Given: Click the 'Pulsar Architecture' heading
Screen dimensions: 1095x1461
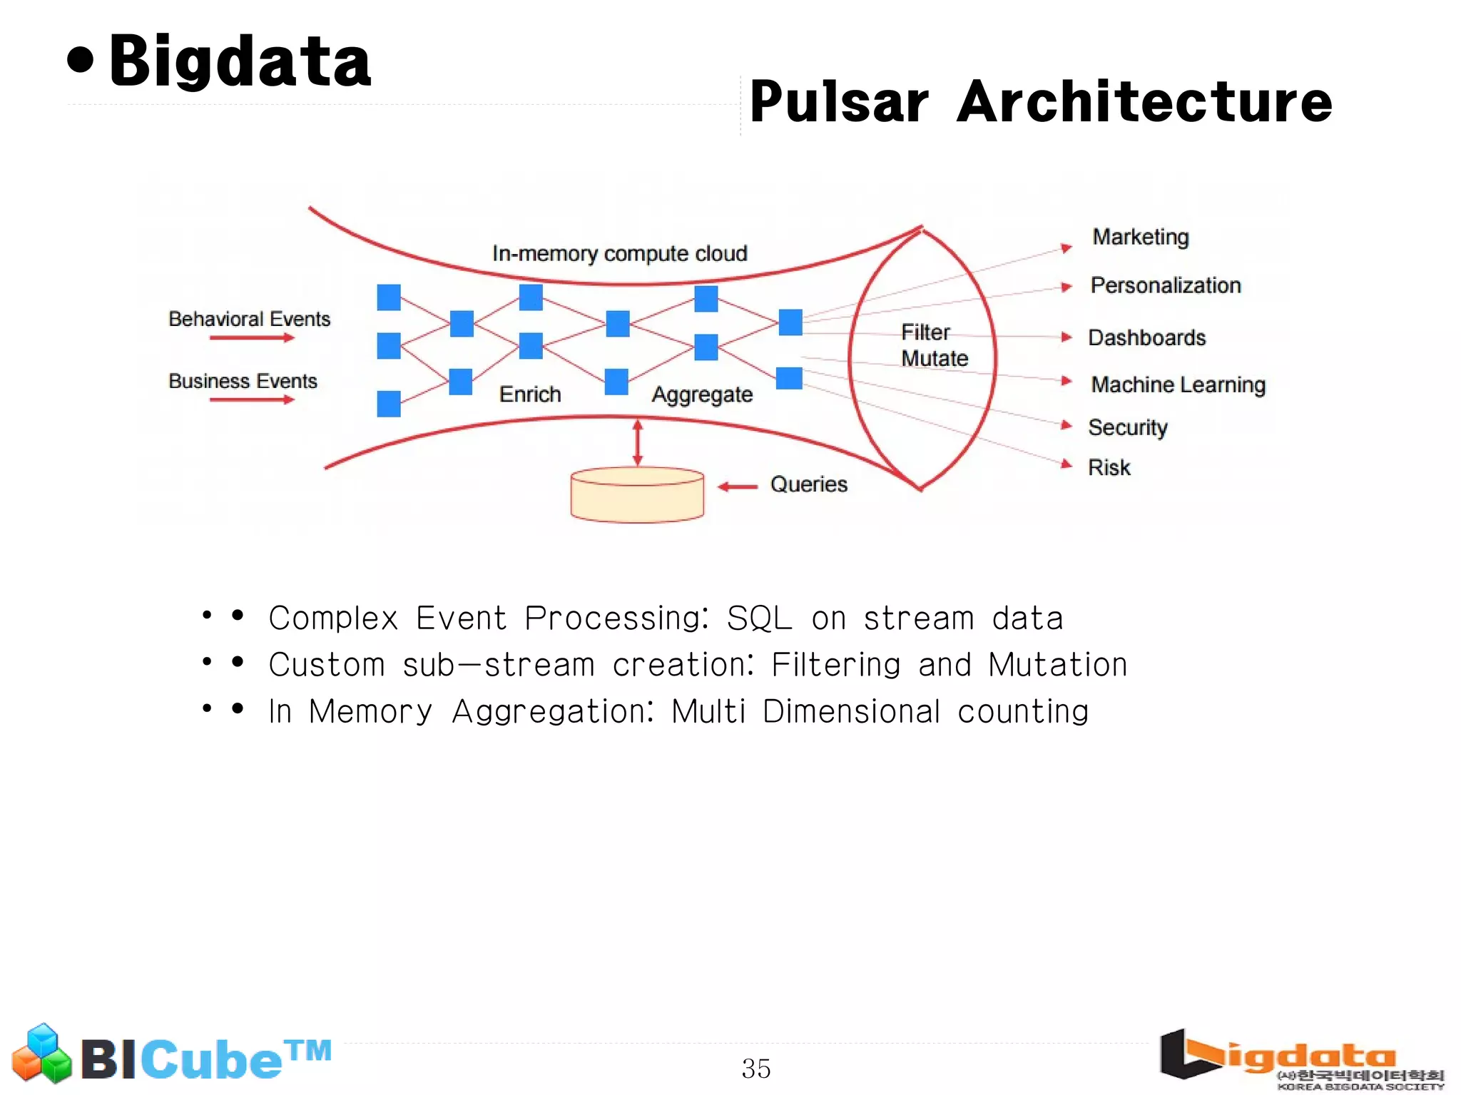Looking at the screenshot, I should [x=1040, y=101].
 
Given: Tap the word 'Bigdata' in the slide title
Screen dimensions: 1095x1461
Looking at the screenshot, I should [x=240, y=62].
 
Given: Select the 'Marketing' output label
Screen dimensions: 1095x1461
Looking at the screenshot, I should [x=1140, y=237].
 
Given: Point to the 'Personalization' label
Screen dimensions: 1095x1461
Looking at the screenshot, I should [x=1165, y=285].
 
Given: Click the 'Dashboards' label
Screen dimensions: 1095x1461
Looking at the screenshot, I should [x=1146, y=337].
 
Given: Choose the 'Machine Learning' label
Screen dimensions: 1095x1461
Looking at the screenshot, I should [x=1178, y=384].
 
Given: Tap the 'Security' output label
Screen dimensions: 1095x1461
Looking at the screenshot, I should [x=1127, y=427].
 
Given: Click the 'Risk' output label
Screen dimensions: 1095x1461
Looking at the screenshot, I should [x=1109, y=467].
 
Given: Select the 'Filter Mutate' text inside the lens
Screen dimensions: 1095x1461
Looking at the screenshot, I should [x=933, y=345].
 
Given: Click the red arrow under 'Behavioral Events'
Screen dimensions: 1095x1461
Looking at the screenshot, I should [x=252, y=337].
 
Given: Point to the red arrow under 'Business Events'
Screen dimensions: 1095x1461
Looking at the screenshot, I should [x=252, y=399].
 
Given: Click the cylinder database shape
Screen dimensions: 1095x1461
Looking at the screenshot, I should [x=637, y=495].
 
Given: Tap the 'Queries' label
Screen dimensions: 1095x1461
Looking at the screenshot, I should [x=808, y=484].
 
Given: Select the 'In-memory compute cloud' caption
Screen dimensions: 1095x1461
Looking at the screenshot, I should [x=619, y=253].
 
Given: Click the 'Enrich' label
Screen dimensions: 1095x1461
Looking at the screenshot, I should [x=529, y=394].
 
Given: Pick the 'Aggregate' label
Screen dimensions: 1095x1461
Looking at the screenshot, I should [x=702, y=394].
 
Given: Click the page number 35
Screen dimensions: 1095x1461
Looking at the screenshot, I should [x=755, y=1069].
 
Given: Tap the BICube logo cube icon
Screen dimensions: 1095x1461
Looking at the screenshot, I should [x=42, y=1053].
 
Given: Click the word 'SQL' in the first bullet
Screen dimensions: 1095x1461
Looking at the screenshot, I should [x=759, y=618].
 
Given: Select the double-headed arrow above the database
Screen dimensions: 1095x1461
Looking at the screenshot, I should [x=638, y=443].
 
